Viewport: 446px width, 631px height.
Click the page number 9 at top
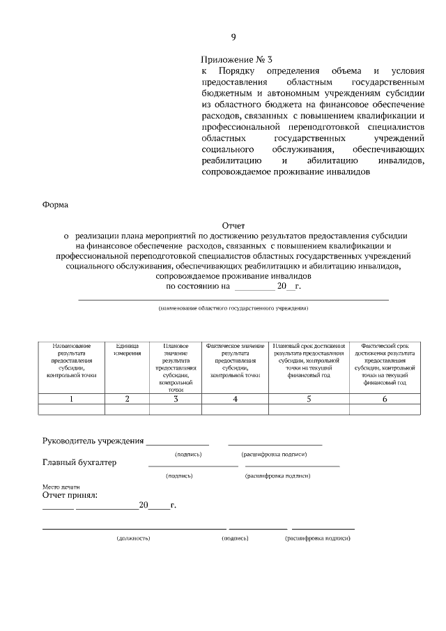(x=233, y=37)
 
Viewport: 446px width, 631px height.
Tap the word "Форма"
(x=56, y=205)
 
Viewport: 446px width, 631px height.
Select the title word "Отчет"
(x=233, y=225)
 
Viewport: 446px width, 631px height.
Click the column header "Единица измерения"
(x=127, y=349)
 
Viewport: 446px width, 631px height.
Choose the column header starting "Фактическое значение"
(x=235, y=360)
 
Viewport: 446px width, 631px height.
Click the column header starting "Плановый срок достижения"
(x=309, y=360)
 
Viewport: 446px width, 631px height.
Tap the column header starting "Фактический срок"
(x=385, y=364)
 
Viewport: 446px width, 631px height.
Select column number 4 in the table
(x=235, y=399)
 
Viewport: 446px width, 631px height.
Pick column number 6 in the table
(x=385, y=399)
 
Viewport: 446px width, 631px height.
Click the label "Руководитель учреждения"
(x=93, y=441)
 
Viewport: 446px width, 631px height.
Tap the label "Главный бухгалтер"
(x=79, y=462)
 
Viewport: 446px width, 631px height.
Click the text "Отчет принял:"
(x=70, y=496)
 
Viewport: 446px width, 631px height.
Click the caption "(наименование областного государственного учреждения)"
(x=233, y=307)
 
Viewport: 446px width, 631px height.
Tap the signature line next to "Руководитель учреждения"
(x=177, y=443)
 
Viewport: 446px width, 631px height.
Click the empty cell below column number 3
(x=176, y=410)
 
